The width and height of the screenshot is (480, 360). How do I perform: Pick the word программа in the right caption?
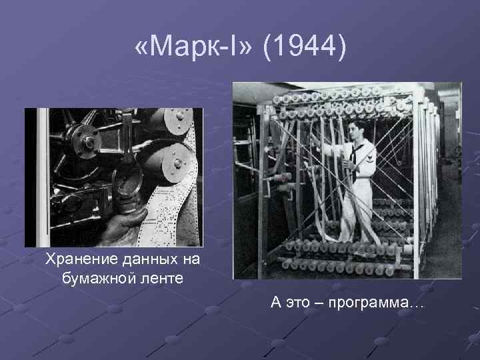[x=377, y=303]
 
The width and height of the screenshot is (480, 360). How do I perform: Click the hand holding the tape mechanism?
[x=127, y=223]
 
